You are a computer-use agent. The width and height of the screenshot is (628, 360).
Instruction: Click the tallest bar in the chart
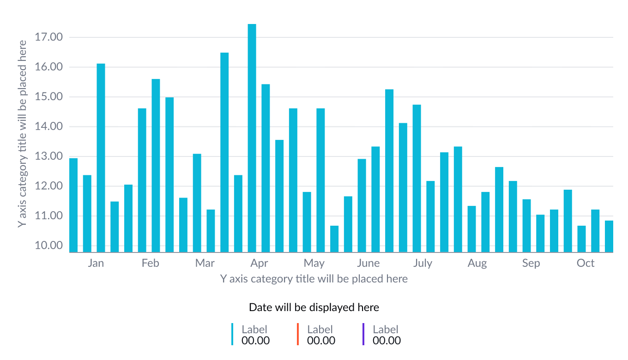click(x=252, y=138)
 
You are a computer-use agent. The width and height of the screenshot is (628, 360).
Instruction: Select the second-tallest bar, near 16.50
click(x=224, y=152)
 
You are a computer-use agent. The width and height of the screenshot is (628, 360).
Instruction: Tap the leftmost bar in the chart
click(x=73, y=205)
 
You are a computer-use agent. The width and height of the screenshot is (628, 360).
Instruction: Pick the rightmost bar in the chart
click(x=609, y=236)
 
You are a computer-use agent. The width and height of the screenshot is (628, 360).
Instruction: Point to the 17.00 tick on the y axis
click(x=48, y=37)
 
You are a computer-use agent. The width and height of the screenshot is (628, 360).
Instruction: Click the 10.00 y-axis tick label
click(x=48, y=246)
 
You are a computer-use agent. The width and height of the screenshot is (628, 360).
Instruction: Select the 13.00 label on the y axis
click(x=48, y=156)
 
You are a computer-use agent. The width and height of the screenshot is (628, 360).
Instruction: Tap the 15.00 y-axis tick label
click(x=48, y=97)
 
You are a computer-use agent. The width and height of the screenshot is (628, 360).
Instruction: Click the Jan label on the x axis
click(x=96, y=264)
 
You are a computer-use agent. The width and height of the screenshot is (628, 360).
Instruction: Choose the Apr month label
click(x=259, y=264)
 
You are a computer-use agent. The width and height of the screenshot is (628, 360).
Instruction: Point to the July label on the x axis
click(x=423, y=264)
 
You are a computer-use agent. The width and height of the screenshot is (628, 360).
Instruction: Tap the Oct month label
click(x=586, y=264)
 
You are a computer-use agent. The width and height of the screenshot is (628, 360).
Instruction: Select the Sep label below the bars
click(x=531, y=264)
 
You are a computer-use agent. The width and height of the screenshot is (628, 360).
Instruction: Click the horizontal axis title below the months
click(x=314, y=279)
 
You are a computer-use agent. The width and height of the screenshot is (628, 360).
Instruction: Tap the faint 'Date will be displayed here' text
click(x=314, y=307)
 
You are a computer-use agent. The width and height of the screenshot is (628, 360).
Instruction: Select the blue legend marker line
click(x=233, y=334)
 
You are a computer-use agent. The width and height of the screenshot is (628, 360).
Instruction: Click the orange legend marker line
click(x=298, y=334)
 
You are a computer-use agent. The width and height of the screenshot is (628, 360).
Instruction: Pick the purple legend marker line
click(x=364, y=334)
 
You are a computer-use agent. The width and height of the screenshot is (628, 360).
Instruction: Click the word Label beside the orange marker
click(x=320, y=330)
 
